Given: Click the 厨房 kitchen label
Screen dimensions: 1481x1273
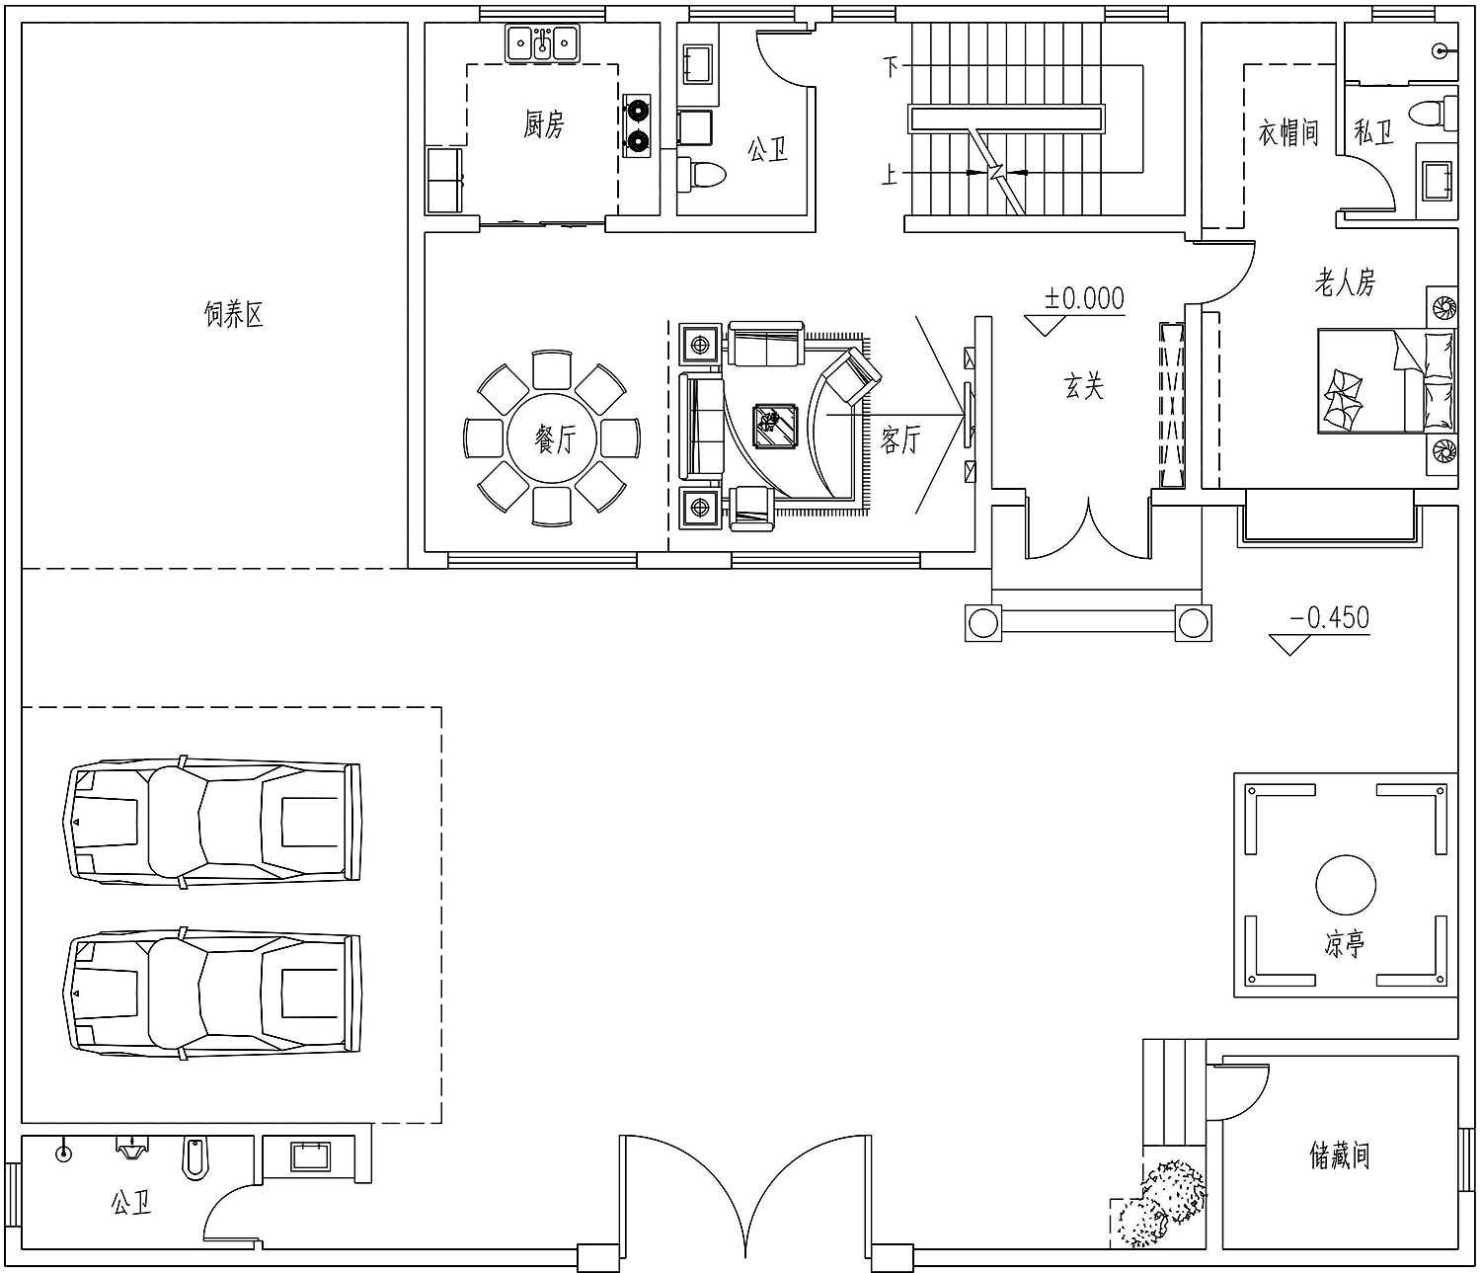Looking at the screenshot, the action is pos(544,125).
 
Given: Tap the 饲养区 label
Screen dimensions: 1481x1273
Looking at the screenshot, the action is pos(234,314).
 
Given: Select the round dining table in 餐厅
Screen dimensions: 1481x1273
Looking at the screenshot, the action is pos(552,438).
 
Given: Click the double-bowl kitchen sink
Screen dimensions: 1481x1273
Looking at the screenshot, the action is pos(542,43).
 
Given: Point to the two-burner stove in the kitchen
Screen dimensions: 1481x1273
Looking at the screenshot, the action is pos(636,125).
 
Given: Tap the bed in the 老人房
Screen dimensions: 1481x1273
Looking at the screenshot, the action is pos(1385,380).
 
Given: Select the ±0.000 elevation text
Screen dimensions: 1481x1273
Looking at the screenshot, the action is pos(1083,298).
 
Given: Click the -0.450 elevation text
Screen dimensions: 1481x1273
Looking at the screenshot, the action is pos(1329,617).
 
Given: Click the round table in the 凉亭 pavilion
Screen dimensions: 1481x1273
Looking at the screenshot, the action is pos(1346,885).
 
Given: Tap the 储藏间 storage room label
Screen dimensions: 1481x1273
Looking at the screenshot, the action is pos(1339,1155).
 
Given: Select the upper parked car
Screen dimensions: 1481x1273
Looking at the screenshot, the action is pos(213,822).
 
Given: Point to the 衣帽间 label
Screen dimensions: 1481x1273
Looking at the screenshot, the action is pos(1288,132).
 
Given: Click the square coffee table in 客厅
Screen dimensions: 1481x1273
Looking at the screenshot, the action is pos(775,427).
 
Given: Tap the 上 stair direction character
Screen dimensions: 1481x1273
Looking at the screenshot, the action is pos(890,174).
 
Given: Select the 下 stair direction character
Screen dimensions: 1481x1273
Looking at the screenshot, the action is pos(891,66).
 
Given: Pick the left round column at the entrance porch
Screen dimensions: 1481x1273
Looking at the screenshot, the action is pos(983,623).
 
